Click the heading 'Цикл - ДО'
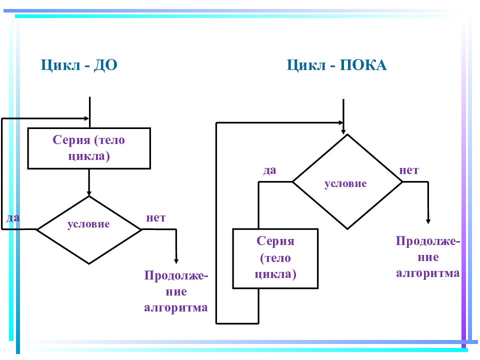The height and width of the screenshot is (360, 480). (x=79, y=65)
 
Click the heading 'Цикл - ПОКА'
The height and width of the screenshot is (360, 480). (x=336, y=65)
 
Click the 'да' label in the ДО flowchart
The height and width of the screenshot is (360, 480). (x=13, y=217)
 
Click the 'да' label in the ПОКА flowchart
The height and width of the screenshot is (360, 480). (x=269, y=170)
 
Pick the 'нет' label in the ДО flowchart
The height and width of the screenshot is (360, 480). (x=156, y=217)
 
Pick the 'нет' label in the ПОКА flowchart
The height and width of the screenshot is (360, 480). (x=409, y=170)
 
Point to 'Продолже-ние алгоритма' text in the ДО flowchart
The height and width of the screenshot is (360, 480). (x=176, y=291)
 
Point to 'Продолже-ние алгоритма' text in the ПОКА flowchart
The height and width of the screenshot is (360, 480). (x=428, y=256)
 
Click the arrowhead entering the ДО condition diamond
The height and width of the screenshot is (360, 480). (x=89, y=193)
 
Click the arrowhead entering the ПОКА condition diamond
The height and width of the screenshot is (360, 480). (x=343, y=131)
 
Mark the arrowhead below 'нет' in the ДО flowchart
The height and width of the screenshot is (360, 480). (x=176, y=261)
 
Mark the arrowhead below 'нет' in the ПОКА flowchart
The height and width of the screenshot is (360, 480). (x=428, y=221)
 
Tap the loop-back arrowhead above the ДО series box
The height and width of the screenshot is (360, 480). (x=86, y=118)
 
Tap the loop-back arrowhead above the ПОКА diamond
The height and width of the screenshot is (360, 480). (x=341, y=123)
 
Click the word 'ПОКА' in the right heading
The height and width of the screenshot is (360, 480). (x=363, y=65)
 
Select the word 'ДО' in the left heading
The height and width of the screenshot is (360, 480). (x=105, y=65)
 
